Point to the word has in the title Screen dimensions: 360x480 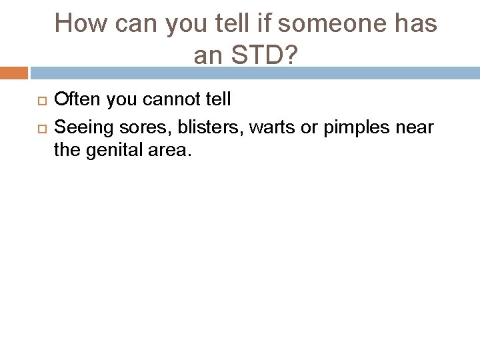416,25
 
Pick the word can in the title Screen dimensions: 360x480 133,25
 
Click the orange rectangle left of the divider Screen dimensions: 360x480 13,73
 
